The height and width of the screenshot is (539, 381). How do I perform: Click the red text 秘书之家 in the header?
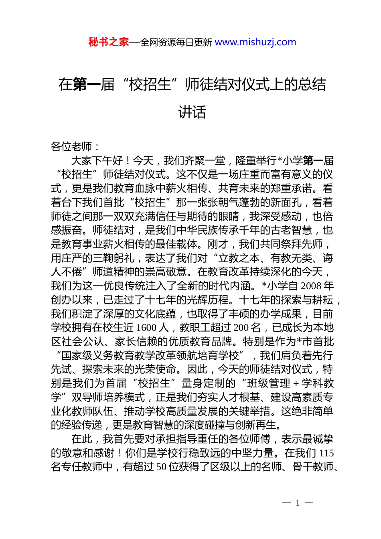pos(109,42)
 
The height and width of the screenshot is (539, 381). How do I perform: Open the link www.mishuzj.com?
pos(255,42)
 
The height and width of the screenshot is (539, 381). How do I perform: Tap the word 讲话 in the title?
pos(192,112)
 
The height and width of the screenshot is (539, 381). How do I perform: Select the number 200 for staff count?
pos(241,328)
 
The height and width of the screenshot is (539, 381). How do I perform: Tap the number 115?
pos(326,453)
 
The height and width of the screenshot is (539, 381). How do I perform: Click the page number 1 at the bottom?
pos(298,503)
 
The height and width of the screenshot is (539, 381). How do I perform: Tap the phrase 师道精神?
pos(113,272)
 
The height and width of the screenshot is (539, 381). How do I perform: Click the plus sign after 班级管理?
pos(296,383)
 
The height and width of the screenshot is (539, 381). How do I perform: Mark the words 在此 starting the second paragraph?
pos(82,439)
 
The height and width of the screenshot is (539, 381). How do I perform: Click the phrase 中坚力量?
pos(253,453)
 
